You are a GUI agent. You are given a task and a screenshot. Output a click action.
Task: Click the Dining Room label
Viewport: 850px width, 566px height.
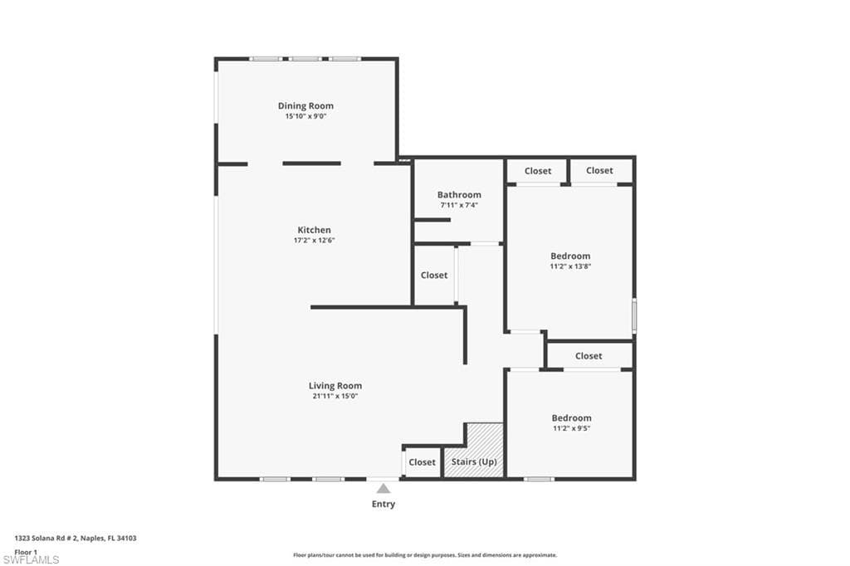click(305, 106)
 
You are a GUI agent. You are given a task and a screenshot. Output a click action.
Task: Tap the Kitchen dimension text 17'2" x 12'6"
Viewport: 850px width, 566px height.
click(314, 241)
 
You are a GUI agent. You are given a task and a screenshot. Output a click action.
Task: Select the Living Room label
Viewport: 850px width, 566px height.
click(335, 385)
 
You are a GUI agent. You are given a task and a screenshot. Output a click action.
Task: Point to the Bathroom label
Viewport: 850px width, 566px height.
click(459, 195)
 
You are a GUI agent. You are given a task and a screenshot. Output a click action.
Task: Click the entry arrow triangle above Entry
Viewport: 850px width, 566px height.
click(383, 489)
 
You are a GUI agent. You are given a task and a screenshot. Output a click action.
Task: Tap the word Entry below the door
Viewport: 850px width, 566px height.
click(383, 505)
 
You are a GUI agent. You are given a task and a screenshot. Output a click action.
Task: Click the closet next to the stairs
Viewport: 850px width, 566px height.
click(422, 462)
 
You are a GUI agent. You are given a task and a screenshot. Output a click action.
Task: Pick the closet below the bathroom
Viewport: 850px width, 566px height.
click(433, 275)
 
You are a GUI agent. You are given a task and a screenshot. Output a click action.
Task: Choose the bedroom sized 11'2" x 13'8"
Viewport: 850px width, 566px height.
click(570, 261)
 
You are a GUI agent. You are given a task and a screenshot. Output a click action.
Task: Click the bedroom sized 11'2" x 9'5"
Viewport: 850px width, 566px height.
click(571, 422)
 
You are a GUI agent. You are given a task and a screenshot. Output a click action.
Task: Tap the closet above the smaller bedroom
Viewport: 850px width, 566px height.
click(589, 356)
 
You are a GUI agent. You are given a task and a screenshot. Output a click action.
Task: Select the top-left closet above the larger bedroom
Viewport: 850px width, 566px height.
click(537, 171)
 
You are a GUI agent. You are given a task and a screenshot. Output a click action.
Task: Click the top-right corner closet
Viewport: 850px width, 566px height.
click(599, 171)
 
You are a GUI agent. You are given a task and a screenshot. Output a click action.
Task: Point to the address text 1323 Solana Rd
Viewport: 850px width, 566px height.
click(76, 539)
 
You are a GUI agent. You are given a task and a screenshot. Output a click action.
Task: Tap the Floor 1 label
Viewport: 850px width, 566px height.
click(26, 551)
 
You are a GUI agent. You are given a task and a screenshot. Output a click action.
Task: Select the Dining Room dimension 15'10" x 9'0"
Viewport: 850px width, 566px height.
click(305, 117)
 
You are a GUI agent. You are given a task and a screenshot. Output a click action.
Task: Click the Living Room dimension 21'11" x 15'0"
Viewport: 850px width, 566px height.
click(335, 397)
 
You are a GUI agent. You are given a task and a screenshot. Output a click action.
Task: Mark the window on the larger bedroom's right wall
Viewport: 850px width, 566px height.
click(634, 316)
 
